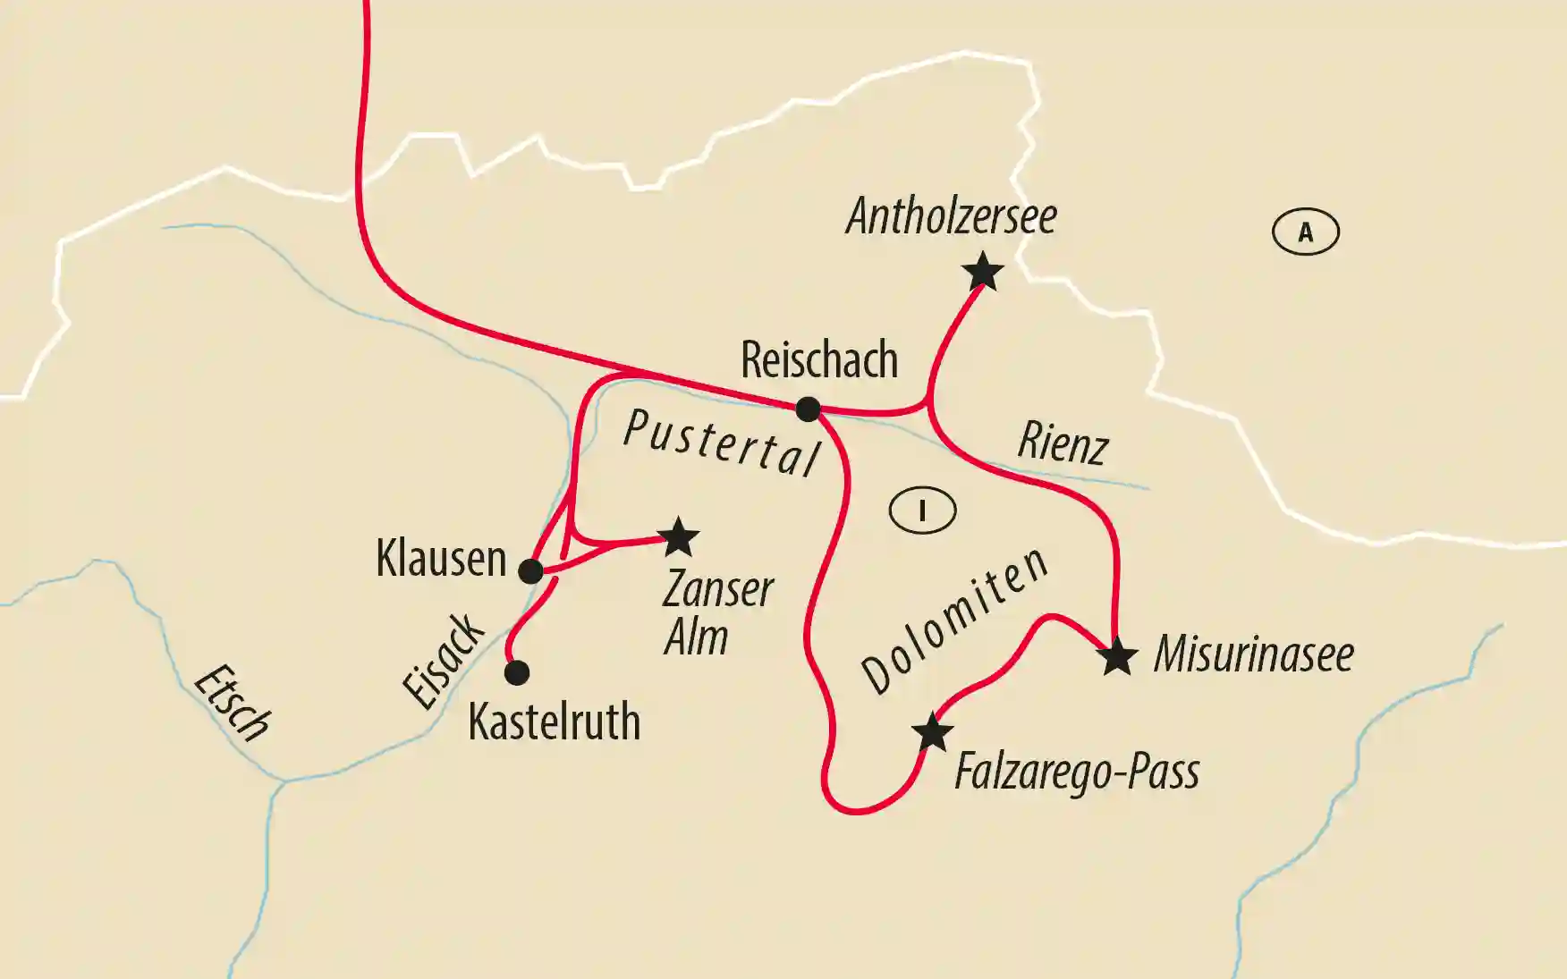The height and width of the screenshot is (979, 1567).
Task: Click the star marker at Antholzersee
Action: [x=983, y=272]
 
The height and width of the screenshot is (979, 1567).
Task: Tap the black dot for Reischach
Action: [x=808, y=409]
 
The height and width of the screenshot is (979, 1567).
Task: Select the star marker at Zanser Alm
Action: [x=678, y=537]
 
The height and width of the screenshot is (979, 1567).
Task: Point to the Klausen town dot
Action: [x=531, y=570]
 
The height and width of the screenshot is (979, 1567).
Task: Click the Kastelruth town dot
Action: [x=517, y=672]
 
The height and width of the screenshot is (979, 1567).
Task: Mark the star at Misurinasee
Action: [x=1117, y=657]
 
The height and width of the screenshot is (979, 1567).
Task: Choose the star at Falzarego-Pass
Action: [x=932, y=733]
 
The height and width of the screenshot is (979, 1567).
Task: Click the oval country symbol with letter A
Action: [x=1305, y=232]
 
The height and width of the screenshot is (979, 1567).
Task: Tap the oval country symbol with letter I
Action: [x=922, y=511]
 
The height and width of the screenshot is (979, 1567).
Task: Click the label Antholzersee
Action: [x=951, y=216]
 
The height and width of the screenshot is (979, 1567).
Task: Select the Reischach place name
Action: [x=819, y=359]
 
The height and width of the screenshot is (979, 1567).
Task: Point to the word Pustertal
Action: [x=721, y=443]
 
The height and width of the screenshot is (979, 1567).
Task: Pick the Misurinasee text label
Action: [x=1253, y=654]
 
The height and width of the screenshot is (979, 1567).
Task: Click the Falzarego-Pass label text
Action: [x=1076, y=772]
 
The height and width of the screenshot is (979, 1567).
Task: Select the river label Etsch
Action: [x=232, y=704]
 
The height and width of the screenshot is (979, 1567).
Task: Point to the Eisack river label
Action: [x=444, y=661]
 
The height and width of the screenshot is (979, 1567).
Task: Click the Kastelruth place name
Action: [x=554, y=722]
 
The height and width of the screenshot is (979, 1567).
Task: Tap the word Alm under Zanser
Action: [x=696, y=637]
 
